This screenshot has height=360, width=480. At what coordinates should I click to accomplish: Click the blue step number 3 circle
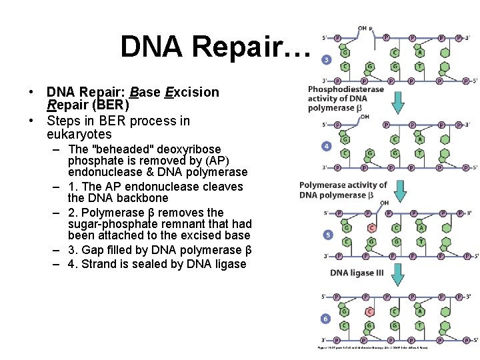click(327, 60)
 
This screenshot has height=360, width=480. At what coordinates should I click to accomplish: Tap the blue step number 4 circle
click(327, 146)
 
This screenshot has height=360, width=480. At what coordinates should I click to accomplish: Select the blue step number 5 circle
click(327, 235)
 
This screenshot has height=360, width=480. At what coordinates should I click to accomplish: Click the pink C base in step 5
click(370, 227)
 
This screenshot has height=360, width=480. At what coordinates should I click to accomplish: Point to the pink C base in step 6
click(370, 311)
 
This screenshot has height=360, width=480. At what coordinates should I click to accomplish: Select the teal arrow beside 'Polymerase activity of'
click(400, 190)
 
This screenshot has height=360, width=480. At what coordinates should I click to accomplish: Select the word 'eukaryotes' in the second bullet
click(75, 134)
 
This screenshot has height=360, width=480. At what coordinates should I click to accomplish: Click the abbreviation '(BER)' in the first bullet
click(107, 105)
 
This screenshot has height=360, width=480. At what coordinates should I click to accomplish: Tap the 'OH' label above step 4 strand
click(365, 117)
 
